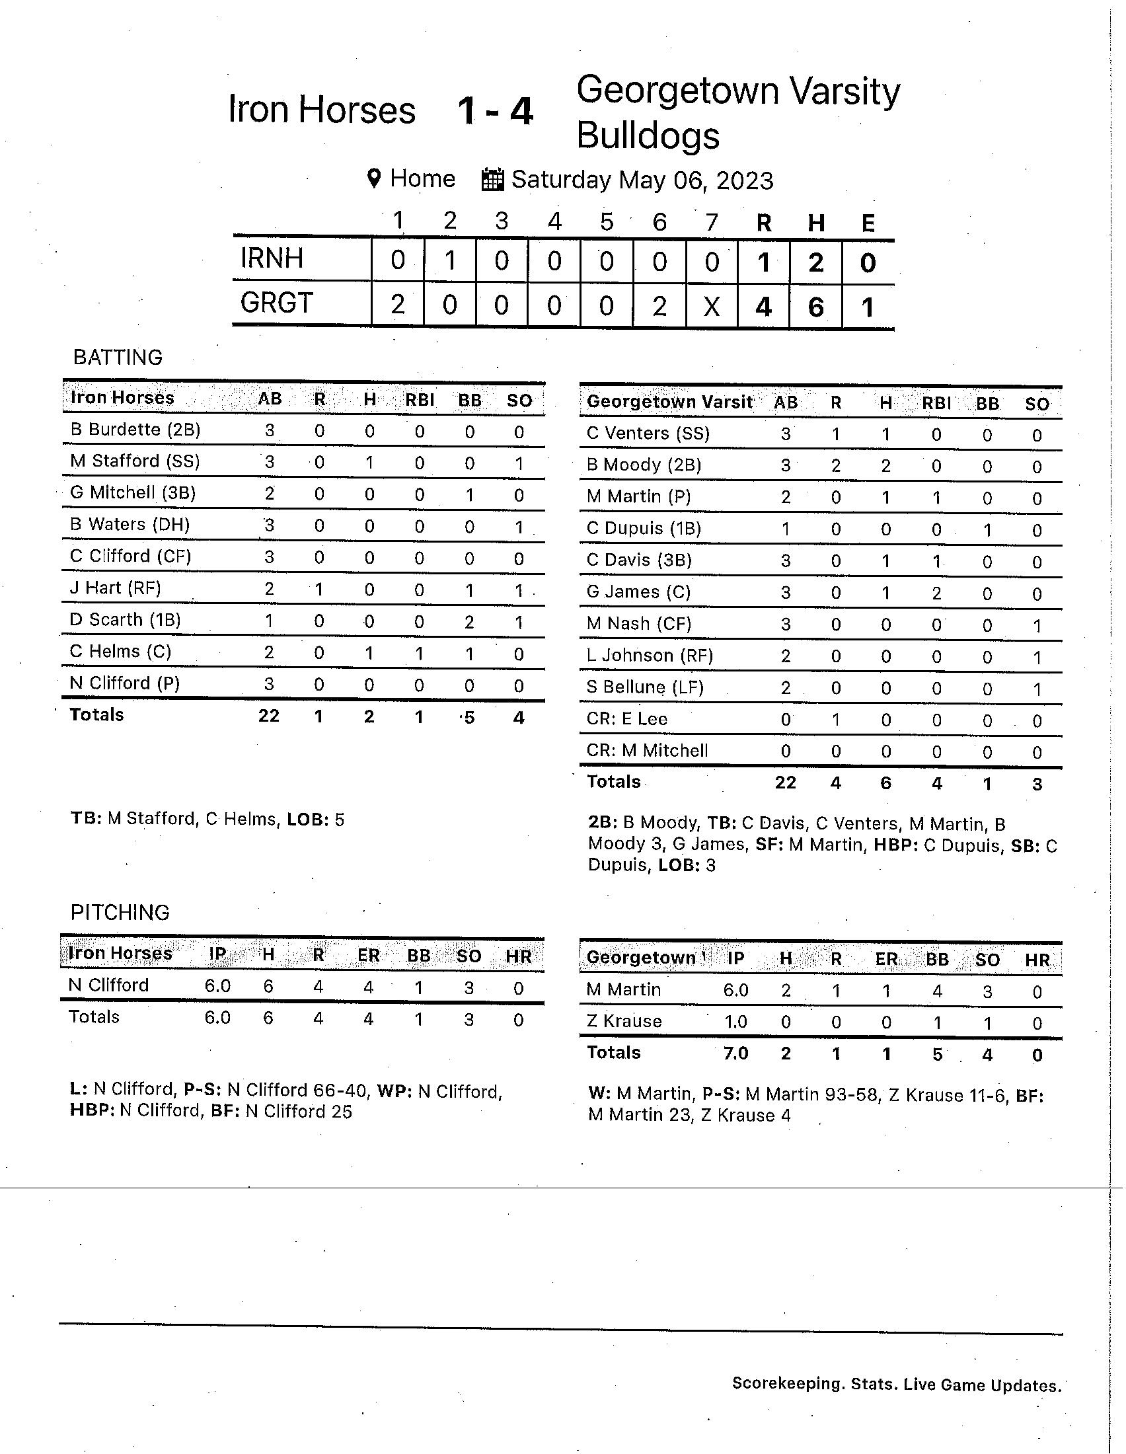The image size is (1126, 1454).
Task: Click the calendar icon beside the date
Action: pyautogui.click(x=492, y=180)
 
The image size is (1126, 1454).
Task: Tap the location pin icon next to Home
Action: pyautogui.click(x=374, y=178)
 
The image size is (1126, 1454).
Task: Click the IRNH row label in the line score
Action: pyautogui.click(x=272, y=258)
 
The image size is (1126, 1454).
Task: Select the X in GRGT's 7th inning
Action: pyautogui.click(x=712, y=306)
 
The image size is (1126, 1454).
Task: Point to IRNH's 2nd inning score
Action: pyautogui.click(x=450, y=261)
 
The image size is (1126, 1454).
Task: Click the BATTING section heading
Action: pyautogui.click(x=118, y=358)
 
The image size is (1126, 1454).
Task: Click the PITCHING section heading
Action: pyautogui.click(x=120, y=912)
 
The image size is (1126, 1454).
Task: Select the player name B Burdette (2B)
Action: pyautogui.click(x=135, y=430)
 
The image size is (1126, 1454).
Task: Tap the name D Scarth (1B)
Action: pyautogui.click(x=125, y=620)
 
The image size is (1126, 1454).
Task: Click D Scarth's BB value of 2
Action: pyautogui.click(x=469, y=622)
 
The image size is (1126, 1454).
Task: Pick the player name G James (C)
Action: pyautogui.click(x=638, y=592)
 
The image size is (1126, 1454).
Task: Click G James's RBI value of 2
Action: pyautogui.click(x=936, y=593)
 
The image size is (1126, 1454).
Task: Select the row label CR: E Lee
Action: pyautogui.click(x=627, y=719)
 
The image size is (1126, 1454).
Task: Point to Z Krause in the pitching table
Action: pyautogui.click(x=624, y=1021)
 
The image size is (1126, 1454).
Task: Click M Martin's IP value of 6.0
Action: pyautogui.click(x=735, y=991)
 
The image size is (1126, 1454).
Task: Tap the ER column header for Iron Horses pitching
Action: pyautogui.click(x=368, y=956)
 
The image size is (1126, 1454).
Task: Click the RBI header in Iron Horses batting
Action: pyautogui.click(x=419, y=400)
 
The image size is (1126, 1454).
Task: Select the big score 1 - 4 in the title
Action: pyautogui.click(x=495, y=111)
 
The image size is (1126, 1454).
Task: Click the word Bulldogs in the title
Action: pyautogui.click(x=648, y=135)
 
